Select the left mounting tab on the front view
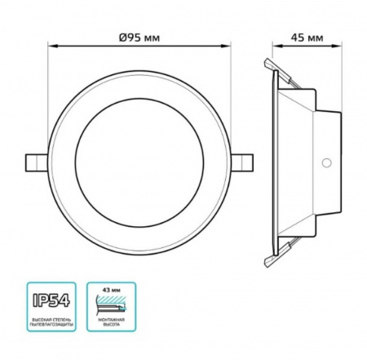click(38, 160)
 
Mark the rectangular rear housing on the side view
click(326, 162)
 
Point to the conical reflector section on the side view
click(298, 162)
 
